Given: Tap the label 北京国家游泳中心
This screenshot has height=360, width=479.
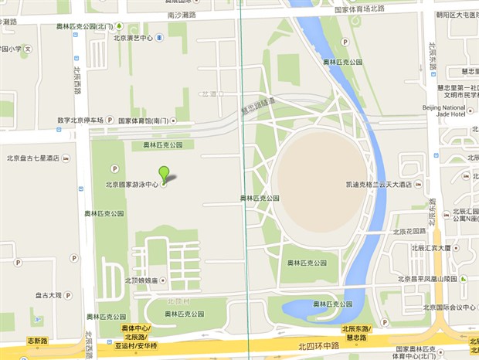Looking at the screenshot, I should point(132,185).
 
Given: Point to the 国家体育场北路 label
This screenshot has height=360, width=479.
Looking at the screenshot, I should point(359,10).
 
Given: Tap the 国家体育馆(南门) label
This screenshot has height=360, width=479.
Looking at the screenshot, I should point(144,121).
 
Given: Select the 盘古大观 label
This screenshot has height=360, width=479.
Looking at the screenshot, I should point(48,295).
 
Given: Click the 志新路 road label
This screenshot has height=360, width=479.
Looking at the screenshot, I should point(38,341).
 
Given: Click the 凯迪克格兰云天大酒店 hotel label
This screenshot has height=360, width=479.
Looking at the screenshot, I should point(379,185).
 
